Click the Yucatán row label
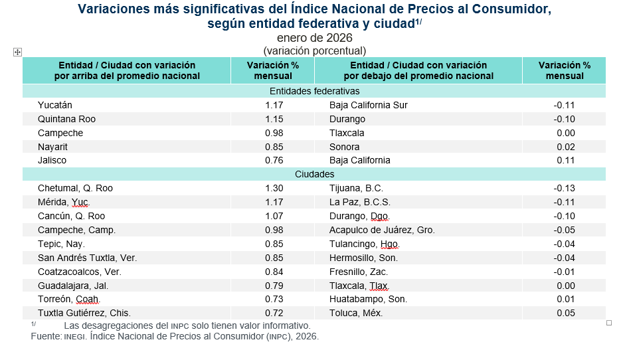coord(55,105)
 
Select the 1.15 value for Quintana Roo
coord(274,119)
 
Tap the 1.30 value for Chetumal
coord(274,188)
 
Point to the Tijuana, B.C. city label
coord(356,188)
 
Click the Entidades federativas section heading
coord(314,91)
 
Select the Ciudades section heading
coord(314,174)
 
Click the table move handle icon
coord(18,52)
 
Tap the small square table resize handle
coord(609,323)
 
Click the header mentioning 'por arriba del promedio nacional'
coord(127,70)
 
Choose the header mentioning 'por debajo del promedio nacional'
coord(418,70)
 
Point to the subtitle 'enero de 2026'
coord(314,38)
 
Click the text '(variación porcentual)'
coord(314,50)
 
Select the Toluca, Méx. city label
coord(355,313)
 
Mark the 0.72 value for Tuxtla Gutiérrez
coord(274,313)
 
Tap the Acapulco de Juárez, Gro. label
coord(382,230)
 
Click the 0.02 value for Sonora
coord(565,147)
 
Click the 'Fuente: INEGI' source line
coord(175,337)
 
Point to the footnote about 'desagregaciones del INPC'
coord(187,325)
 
